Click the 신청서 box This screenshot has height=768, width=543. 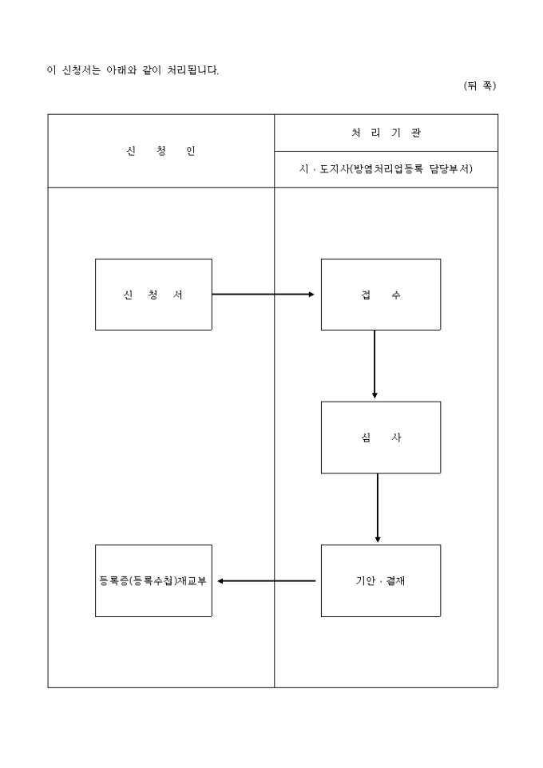[x=153, y=295]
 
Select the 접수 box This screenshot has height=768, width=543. [x=380, y=295]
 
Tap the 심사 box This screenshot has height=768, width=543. [x=380, y=437]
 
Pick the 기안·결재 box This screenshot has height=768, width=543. [x=380, y=580]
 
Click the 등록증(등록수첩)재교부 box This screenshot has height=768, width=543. [x=153, y=580]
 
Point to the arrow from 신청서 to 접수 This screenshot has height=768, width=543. [x=264, y=295]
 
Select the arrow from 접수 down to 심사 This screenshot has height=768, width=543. [x=375, y=364]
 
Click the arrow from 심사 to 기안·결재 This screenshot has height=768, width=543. [x=378, y=508]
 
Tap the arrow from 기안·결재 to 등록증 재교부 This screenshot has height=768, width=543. [x=267, y=580]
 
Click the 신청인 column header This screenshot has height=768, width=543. [x=161, y=151]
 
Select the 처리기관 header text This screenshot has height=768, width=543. [x=386, y=133]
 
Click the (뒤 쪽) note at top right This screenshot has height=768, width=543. [x=479, y=86]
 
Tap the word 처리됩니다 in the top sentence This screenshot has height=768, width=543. [x=188, y=70]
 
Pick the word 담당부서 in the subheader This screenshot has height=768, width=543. [x=454, y=169]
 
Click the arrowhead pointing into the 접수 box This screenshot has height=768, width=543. [x=311, y=295]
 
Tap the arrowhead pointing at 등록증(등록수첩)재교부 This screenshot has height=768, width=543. [x=221, y=580]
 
